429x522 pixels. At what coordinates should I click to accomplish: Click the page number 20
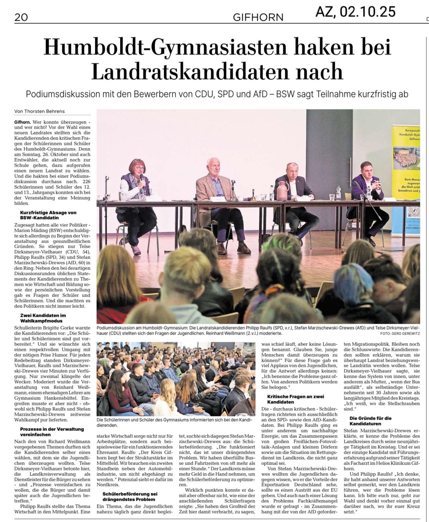[21, 17]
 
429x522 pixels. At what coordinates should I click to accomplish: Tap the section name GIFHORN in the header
[258, 17]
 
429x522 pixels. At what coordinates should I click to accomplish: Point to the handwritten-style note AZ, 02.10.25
[355, 11]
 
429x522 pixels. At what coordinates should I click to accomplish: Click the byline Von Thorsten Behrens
[39, 111]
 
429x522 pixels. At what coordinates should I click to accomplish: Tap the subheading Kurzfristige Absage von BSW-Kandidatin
[48, 215]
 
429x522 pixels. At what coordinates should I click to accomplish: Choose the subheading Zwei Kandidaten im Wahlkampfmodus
[43, 318]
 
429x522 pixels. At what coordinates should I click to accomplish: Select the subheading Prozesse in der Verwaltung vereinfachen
[52, 432]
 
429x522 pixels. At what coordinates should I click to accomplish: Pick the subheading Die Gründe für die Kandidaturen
[370, 421]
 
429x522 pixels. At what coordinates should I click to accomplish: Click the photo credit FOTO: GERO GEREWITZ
[400, 334]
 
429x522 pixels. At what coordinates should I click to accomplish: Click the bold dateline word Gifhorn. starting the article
[22, 122]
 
